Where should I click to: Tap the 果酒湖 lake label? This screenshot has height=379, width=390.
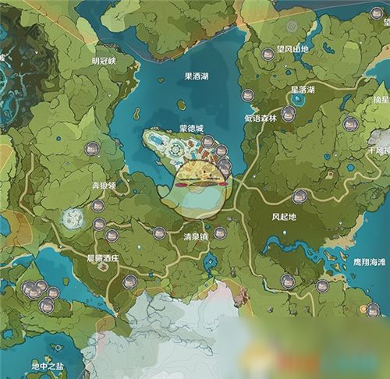click(197, 76)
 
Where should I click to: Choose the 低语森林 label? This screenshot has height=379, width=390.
click(260, 117)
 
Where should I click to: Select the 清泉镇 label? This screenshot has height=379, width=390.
click(196, 236)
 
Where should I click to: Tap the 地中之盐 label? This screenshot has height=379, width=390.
click(46, 366)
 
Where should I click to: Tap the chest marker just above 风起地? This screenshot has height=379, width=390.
click(300, 197)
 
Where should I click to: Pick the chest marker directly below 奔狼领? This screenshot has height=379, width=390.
click(98, 206)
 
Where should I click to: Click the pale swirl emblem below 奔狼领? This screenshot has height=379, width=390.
click(74, 218)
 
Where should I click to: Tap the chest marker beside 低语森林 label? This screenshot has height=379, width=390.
click(288, 115)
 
